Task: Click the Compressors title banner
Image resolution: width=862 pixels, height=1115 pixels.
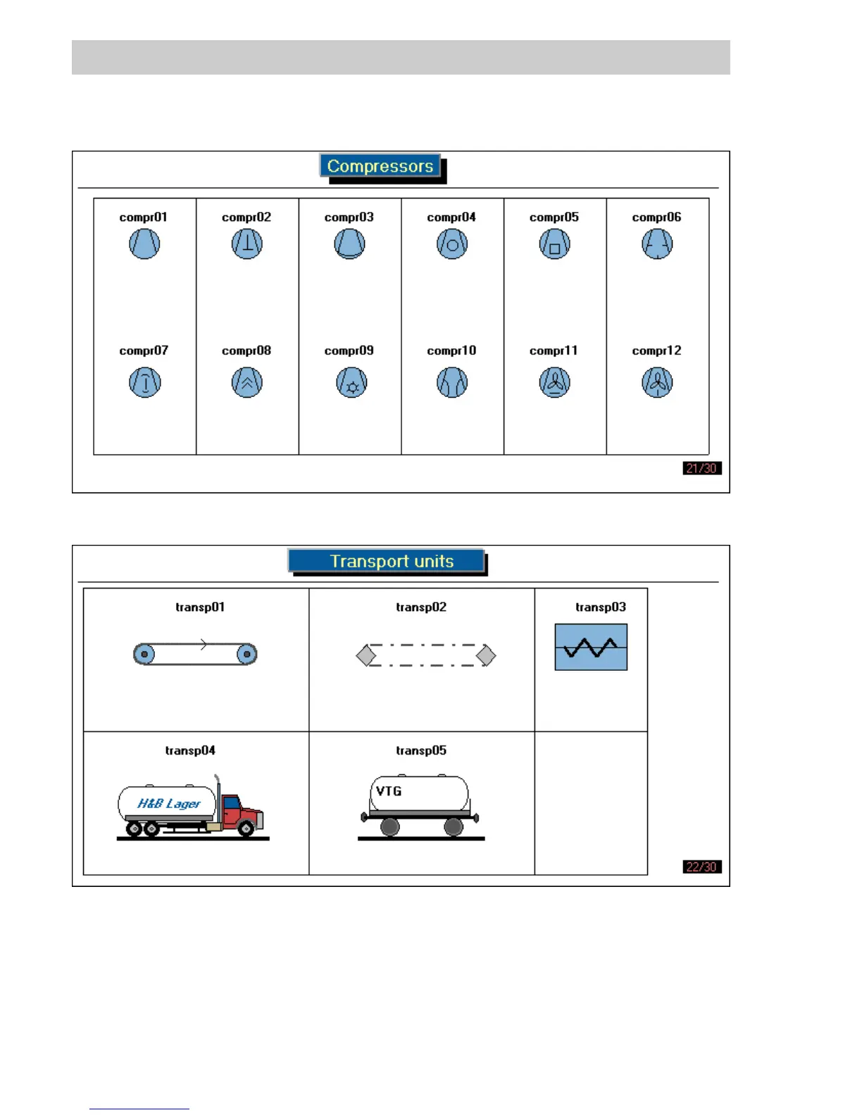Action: coord(380,166)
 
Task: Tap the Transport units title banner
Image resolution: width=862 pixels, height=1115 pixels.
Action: coord(387,561)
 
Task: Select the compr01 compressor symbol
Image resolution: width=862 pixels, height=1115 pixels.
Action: coord(144,244)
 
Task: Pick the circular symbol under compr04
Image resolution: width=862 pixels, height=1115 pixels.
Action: coord(452,244)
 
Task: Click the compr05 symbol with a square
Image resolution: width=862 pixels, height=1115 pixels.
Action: coord(555,245)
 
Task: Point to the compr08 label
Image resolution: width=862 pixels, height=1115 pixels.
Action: coord(246,351)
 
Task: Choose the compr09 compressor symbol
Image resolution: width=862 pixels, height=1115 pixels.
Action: coord(351,383)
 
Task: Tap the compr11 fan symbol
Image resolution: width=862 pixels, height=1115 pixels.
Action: coord(555,383)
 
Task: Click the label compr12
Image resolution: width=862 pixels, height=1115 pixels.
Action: coord(656,351)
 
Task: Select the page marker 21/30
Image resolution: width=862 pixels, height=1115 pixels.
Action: coord(702,468)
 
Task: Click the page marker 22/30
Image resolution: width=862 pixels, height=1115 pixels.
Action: coord(702,867)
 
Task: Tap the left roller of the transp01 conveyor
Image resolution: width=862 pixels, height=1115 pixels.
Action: coord(144,654)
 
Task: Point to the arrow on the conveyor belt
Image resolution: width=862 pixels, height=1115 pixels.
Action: coord(204,644)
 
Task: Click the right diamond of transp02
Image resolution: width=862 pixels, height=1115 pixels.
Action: coord(486,655)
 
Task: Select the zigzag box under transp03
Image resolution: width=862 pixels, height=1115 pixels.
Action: coord(591,647)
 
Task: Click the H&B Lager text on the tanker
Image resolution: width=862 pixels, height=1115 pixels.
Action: coord(169,803)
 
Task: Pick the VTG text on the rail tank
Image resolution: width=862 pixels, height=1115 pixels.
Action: coord(389,791)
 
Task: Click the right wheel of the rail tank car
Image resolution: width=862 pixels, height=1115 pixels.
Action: coord(454,827)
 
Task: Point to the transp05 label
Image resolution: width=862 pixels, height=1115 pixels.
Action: coord(421,750)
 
